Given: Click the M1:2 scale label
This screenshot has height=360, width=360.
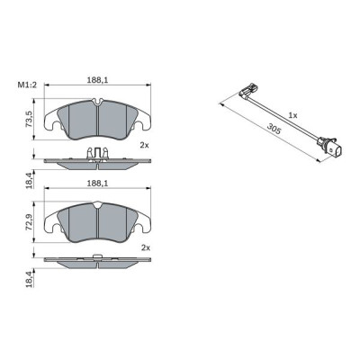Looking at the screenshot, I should (x=26, y=86).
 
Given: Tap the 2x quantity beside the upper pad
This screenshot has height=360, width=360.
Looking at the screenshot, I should (x=144, y=145).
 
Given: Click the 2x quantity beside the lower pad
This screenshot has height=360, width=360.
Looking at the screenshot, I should (x=144, y=247).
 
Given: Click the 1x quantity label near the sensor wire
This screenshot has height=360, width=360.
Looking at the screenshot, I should (x=292, y=115).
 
